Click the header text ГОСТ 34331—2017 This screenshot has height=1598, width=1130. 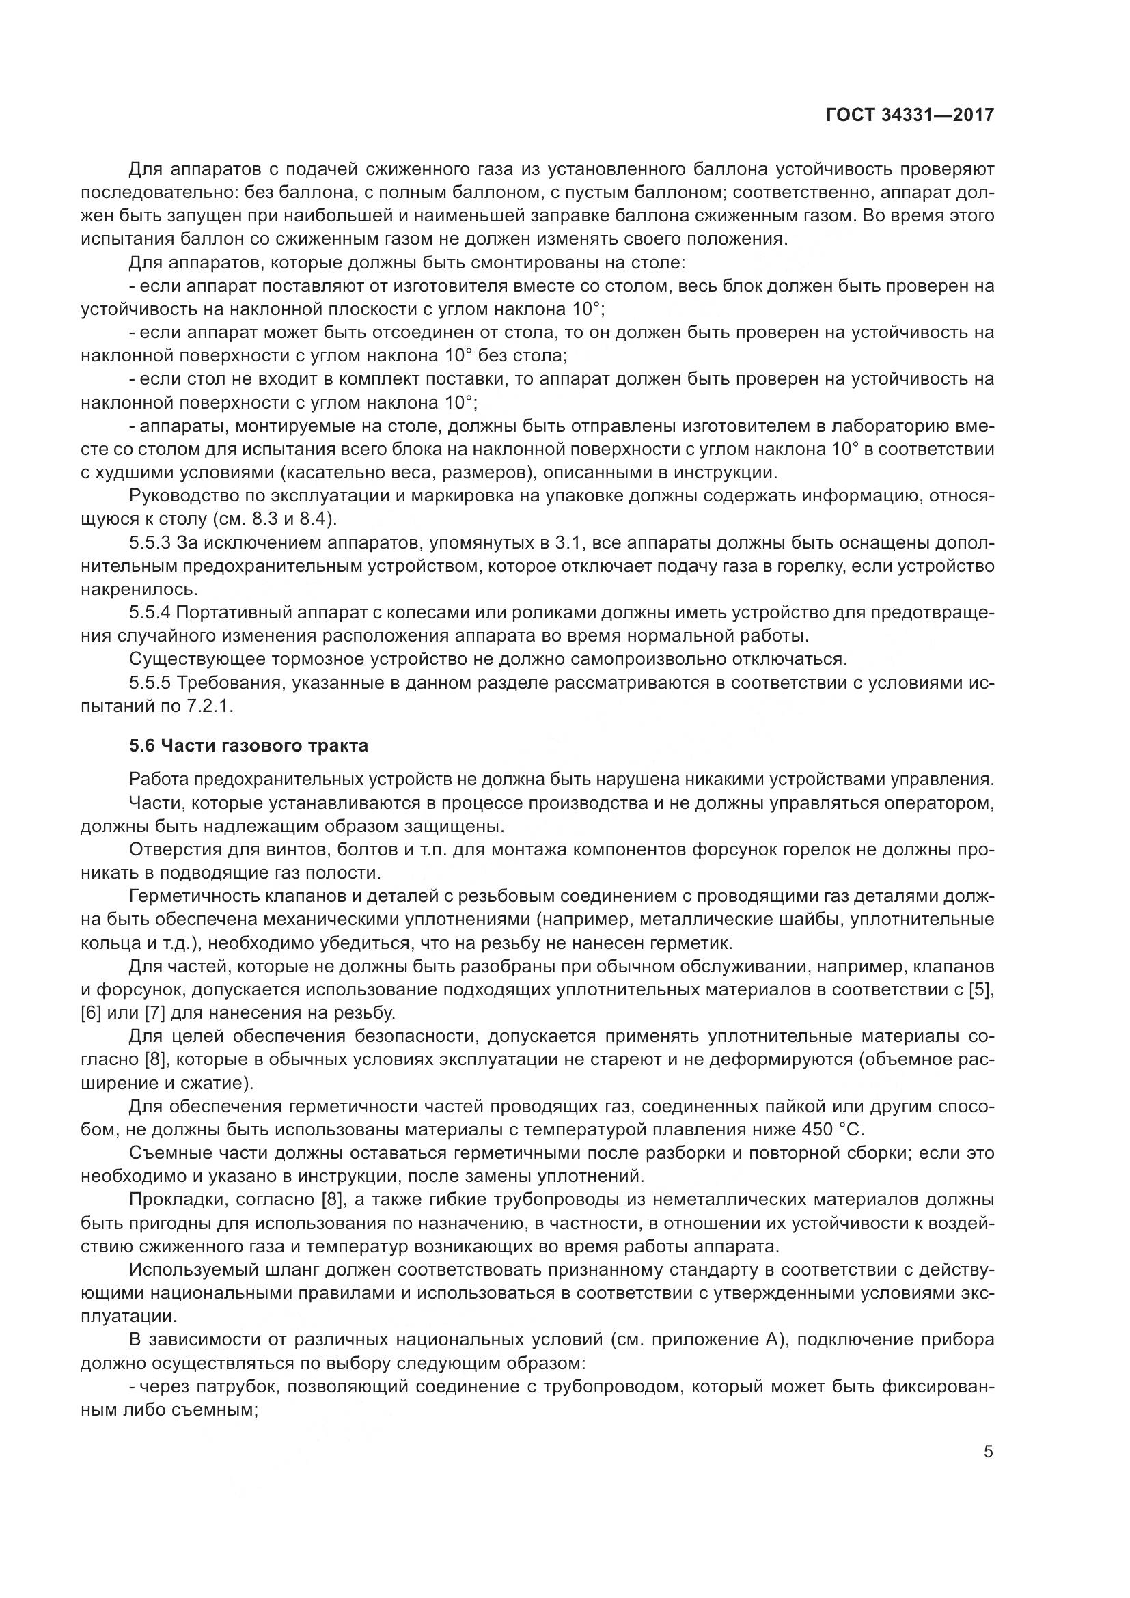(x=909, y=114)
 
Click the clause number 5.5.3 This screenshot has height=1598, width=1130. (x=150, y=542)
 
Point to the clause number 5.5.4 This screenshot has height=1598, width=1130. (x=150, y=612)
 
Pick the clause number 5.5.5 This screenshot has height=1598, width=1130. (x=150, y=683)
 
